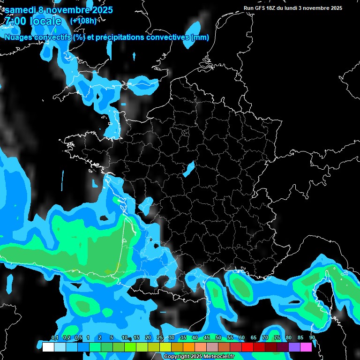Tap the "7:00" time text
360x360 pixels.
(15, 21)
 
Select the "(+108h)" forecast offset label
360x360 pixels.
(83, 21)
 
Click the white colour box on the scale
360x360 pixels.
(48, 347)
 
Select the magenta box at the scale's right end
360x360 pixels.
(306, 347)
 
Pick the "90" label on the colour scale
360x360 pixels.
(312, 338)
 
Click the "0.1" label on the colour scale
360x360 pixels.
(54, 338)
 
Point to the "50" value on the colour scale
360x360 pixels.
(218, 338)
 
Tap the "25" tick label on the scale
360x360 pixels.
(160, 338)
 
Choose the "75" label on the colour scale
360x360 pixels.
(277, 338)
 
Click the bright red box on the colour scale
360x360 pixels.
(247, 347)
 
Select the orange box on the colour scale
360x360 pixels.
(189, 347)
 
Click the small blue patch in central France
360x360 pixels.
(188, 169)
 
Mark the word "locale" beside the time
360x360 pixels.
(45, 21)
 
